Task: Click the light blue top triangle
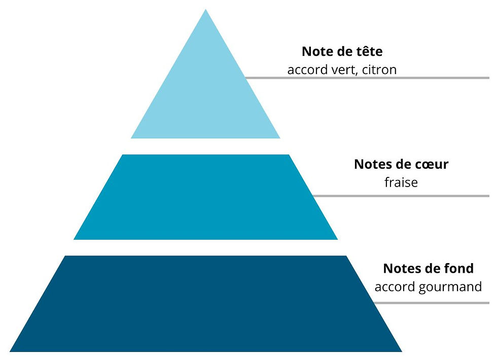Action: (205, 95)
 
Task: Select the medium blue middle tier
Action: (205, 197)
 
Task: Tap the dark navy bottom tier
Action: (205, 304)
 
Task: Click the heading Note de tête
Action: (342, 51)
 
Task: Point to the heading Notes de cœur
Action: (401, 164)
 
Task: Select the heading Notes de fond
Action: (428, 268)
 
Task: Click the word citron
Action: (379, 70)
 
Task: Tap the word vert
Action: (344, 70)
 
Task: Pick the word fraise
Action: (401, 182)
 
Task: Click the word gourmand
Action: (450, 287)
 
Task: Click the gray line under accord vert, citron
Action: (367, 78)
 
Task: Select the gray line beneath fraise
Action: (401, 196)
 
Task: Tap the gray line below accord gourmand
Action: (432, 303)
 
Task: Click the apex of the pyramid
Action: (205, 9)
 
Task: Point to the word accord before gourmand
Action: (395, 287)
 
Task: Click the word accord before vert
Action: (307, 70)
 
